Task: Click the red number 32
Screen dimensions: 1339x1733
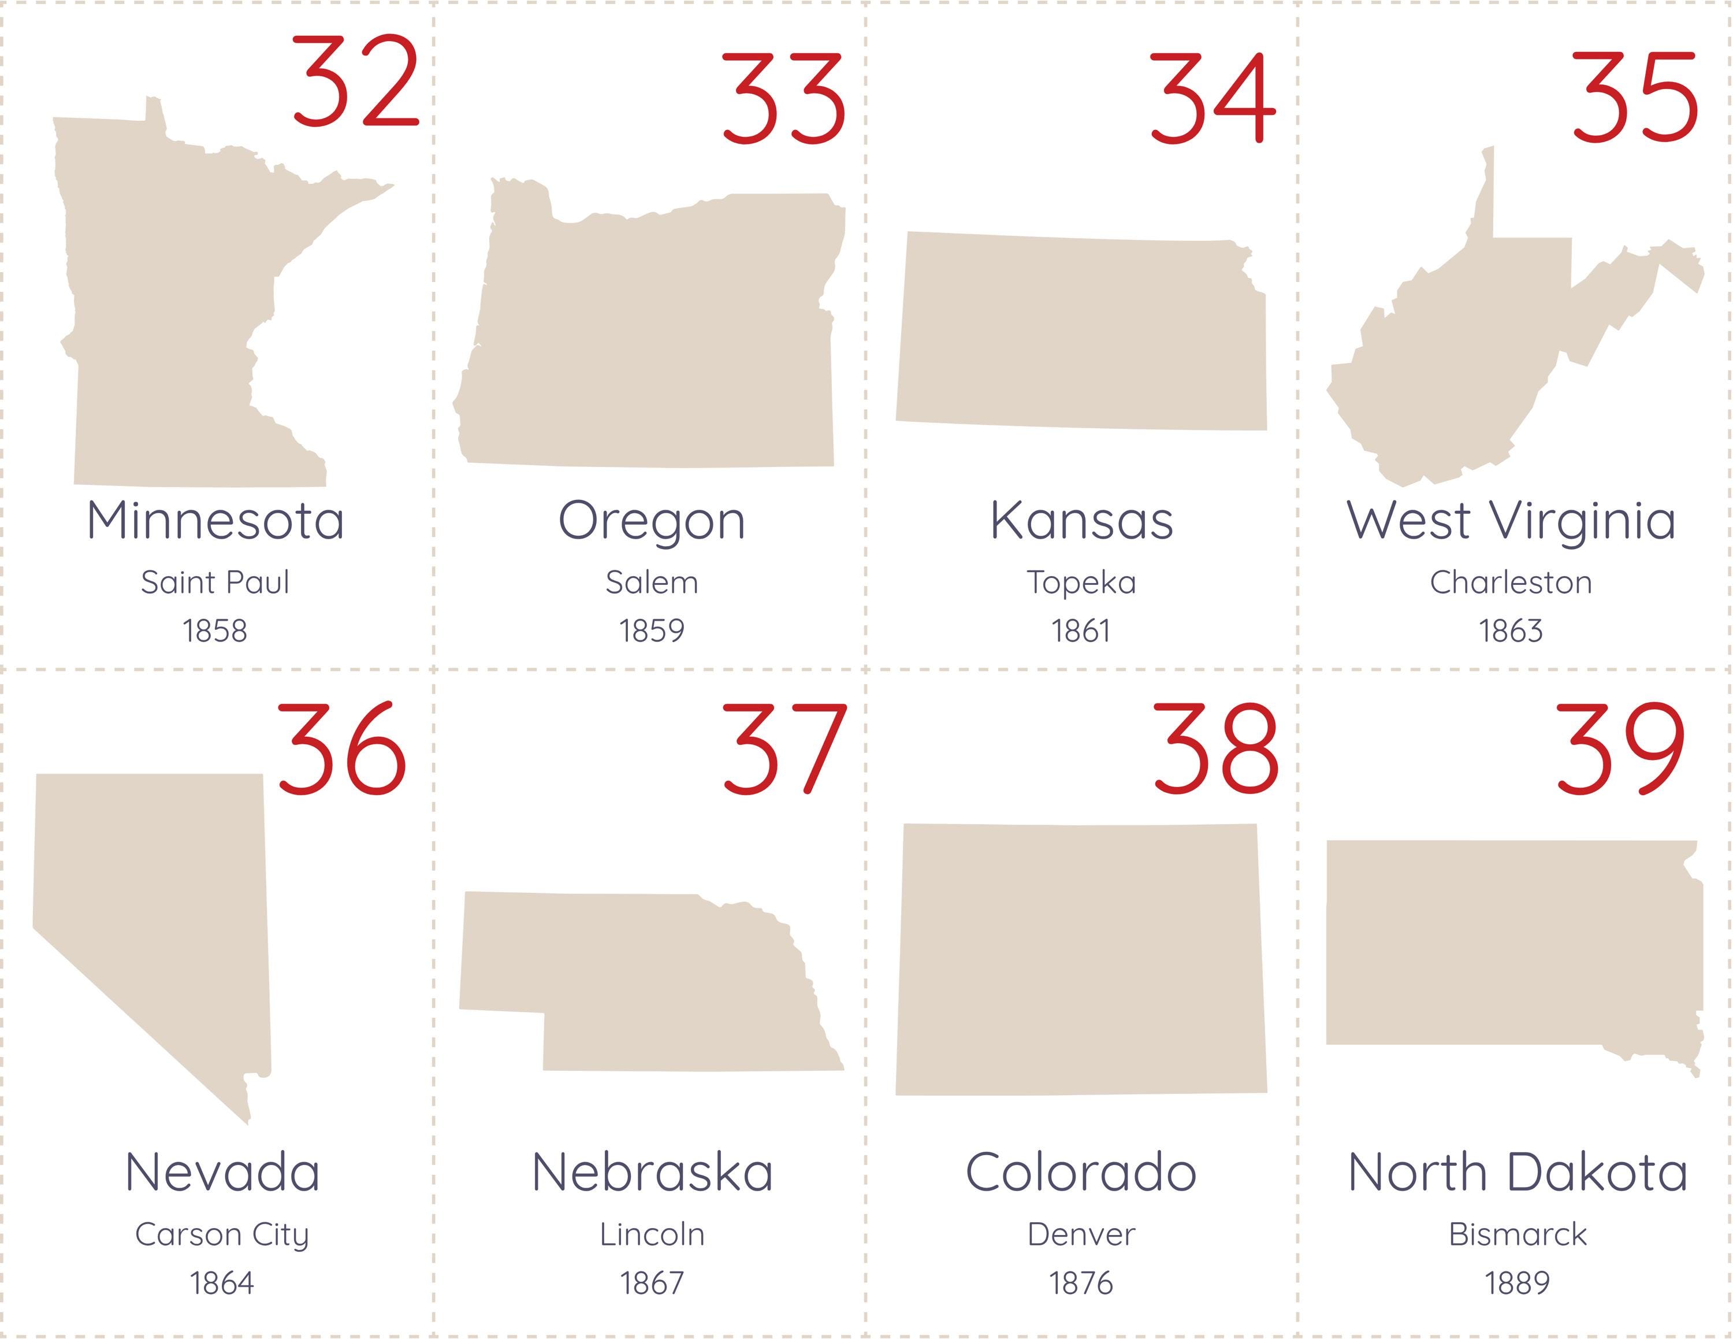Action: (x=355, y=81)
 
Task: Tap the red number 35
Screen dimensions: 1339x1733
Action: (x=1635, y=98)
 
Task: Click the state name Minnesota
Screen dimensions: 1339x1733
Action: (x=216, y=521)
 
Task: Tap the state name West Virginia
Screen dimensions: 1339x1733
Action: (x=1511, y=521)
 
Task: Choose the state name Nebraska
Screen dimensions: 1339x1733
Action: (x=652, y=1173)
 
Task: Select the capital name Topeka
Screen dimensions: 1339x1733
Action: (x=1081, y=583)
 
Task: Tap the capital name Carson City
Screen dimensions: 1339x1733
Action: (x=222, y=1235)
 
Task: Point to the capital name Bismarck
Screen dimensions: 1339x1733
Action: (x=1517, y=1234)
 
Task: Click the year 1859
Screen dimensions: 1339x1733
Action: (x=652, y=631)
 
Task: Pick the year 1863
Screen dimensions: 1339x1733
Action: (x=1511, y=631)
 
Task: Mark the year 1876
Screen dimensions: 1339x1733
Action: (x=1081, y=1282)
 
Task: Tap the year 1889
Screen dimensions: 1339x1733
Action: (x=1517, y=1282)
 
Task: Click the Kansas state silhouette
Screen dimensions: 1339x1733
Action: (x=1081, y=333)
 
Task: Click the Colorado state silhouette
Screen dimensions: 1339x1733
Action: (x=1081, y=960)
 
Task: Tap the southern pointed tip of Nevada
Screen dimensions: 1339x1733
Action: (x=248, y=1119)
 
